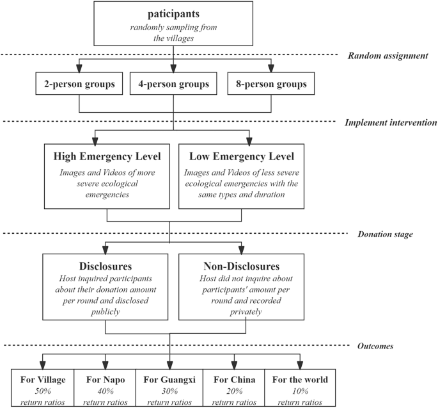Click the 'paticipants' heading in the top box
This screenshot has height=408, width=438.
pos(173,14)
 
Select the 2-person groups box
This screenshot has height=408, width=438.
pos(79,84)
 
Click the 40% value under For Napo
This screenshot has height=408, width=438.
pos(106,391)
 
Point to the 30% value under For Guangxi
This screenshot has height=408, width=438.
pos(169,391)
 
